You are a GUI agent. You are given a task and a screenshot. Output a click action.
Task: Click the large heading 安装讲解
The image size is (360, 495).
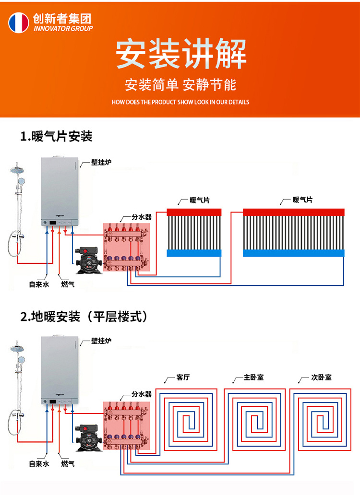(181, 54)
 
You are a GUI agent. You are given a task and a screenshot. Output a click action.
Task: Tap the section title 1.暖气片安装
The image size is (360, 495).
(56, 137)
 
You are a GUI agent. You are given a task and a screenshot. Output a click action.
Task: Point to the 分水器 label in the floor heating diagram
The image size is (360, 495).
(142, 394)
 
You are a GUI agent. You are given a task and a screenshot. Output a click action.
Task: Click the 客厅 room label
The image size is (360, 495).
(183, 377)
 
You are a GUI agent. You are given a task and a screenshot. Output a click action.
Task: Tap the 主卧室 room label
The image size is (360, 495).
(253, 377)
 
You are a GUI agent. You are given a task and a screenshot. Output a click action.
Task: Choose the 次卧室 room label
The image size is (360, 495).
(321, 377)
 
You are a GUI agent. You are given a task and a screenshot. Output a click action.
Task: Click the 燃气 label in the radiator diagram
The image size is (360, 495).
(68, 284)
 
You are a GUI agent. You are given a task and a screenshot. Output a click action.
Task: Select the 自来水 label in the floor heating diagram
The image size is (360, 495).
(39, 464)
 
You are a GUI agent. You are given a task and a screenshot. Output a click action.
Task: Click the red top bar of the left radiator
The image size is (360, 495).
(194, 212)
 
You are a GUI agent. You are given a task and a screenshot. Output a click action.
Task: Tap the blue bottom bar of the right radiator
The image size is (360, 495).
(294, 253)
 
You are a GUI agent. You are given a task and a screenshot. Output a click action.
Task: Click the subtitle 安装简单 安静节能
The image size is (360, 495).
(180, 85)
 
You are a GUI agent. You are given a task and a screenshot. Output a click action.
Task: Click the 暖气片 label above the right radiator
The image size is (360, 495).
(302, 200)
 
